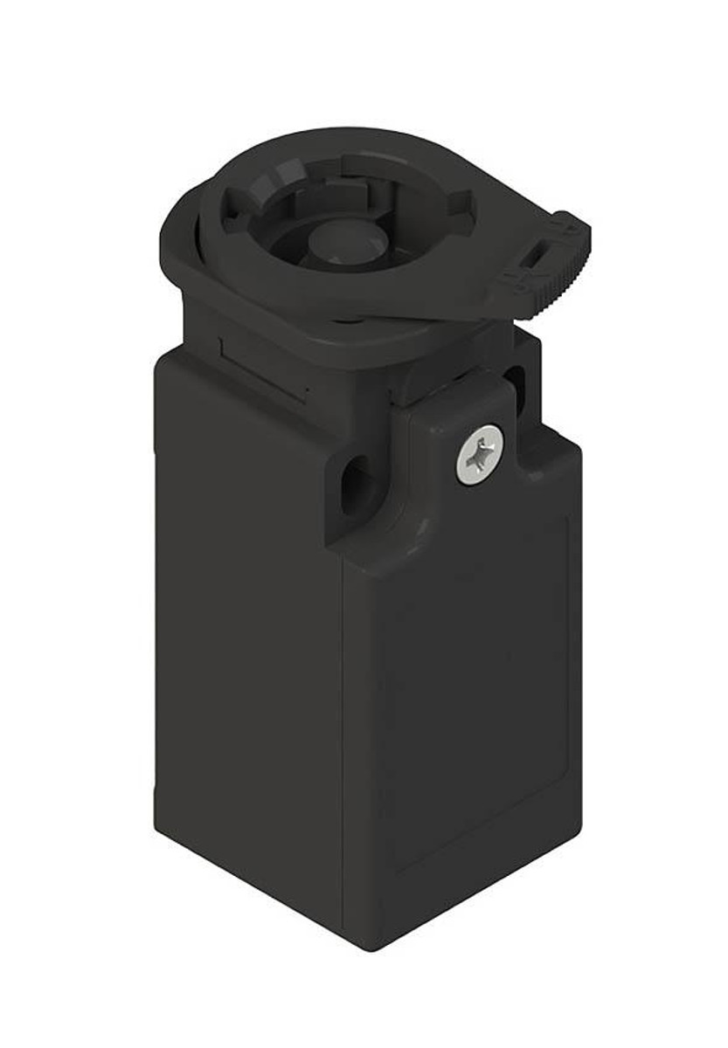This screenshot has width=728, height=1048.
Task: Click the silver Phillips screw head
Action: pyautogui.click(x=478, y=454)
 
